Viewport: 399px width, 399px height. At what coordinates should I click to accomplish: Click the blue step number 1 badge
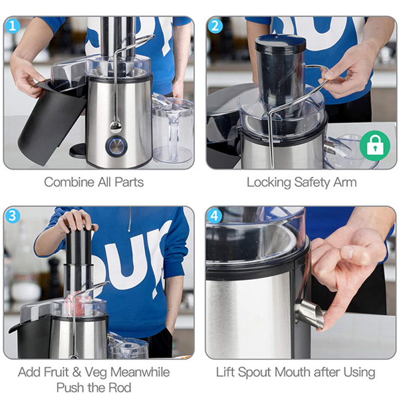[13, 26]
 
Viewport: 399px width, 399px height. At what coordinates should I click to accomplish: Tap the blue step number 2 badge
[215, 26]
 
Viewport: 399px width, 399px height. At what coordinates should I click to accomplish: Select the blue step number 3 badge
[13, 216]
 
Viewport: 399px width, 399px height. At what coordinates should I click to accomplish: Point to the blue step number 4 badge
[215, 216]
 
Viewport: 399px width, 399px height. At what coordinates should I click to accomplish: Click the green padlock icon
[375, 146]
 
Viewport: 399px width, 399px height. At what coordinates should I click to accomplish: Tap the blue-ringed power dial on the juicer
[116, 146]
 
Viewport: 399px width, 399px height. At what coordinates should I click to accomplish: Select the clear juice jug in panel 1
[173, 130]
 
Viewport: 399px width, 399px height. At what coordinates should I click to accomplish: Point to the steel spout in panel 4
[310, 314]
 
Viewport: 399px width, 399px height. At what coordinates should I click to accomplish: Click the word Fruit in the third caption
[56, 372]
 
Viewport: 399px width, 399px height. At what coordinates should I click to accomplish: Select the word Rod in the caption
[120, 388]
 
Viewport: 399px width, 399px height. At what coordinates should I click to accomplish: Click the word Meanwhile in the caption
[140, 372]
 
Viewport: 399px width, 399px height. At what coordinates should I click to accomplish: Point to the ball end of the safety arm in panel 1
[116, 127]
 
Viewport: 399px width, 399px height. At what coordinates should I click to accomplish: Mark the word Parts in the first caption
[129, 182]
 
